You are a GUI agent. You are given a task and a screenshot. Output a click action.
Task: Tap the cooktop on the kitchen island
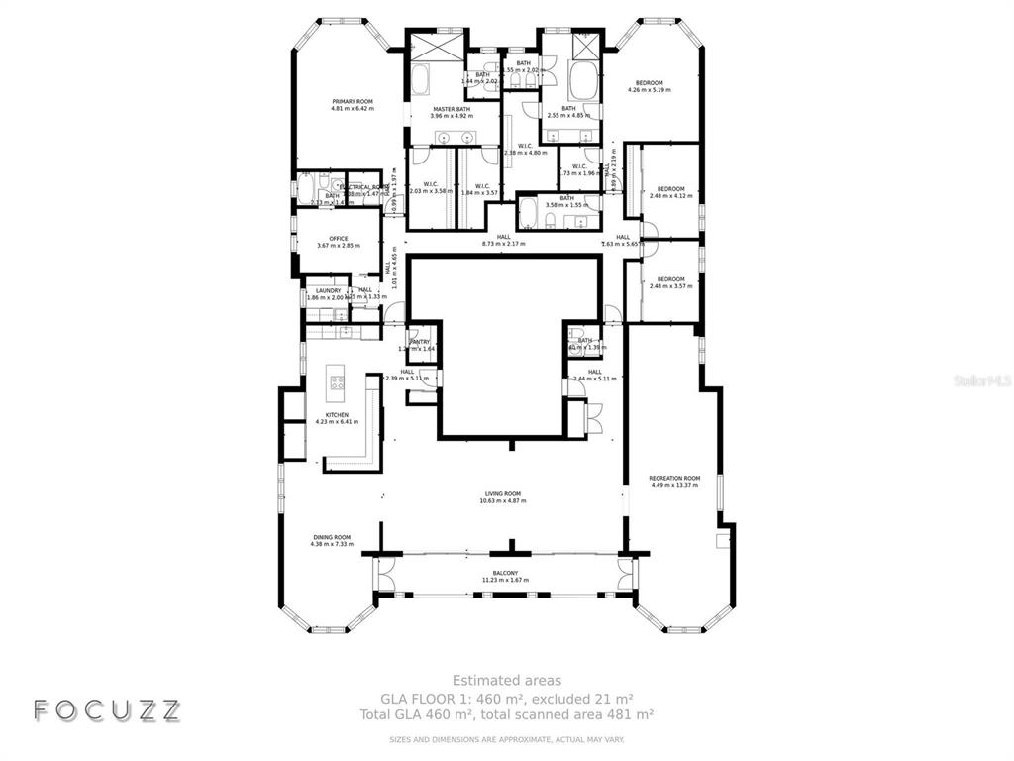(337, 381)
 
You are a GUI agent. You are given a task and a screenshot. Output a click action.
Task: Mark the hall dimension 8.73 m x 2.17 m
(504, 244)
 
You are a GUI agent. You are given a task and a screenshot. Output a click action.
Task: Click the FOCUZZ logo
(107, 709)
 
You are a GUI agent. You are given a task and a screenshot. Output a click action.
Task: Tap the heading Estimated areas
(507, 680)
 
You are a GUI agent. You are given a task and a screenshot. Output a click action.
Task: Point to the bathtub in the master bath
(420, 78)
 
